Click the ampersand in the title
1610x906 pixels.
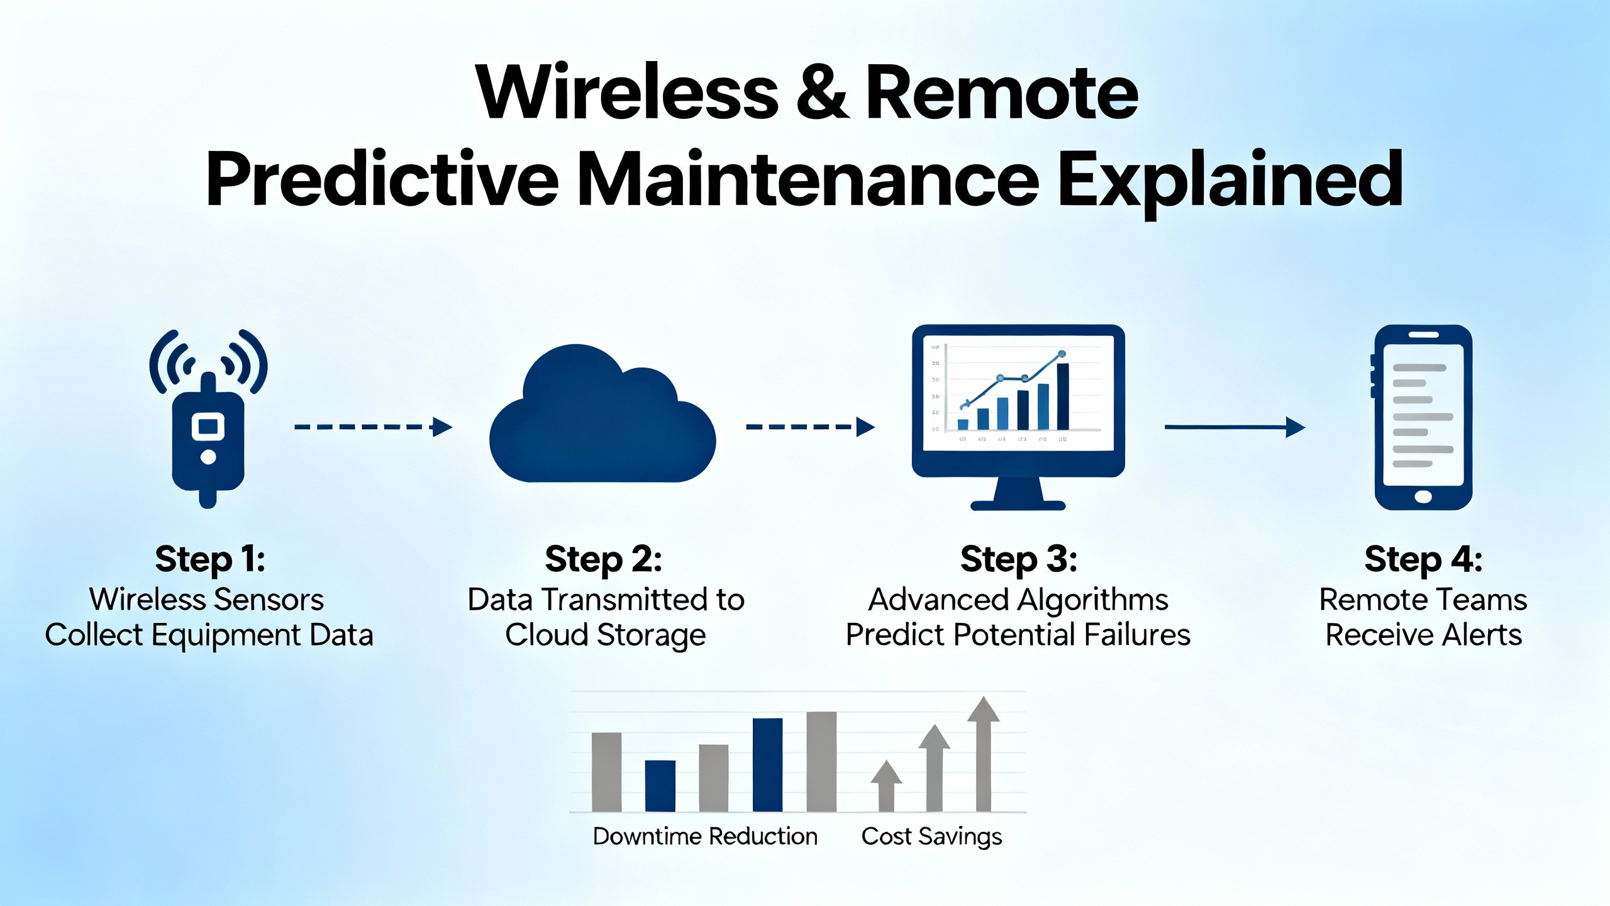coord(821,93)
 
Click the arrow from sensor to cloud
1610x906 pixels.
coord(373,427)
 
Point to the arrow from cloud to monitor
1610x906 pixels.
coord(810,427)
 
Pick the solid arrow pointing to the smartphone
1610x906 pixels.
coord(1234,427)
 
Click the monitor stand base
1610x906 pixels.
coord(1018,505)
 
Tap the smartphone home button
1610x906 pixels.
coord(1423,497)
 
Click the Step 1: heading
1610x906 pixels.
coord(210,559)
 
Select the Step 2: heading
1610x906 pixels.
coord(603,559)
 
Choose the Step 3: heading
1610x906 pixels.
coord(1018,559)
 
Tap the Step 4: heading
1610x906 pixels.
coord(1423,559)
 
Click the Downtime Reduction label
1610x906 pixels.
coord(705,836)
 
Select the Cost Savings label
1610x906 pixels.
coord(931,836)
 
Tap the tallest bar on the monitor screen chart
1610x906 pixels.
coord(1063,396)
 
